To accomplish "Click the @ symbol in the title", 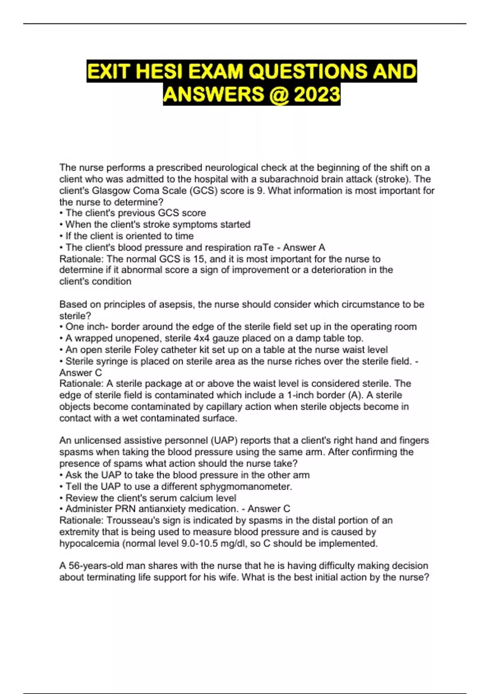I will pos(278,95).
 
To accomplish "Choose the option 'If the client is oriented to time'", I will pos(129,236).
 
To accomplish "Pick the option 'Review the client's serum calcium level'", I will pos(151,498).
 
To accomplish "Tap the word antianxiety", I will pos(169,509).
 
